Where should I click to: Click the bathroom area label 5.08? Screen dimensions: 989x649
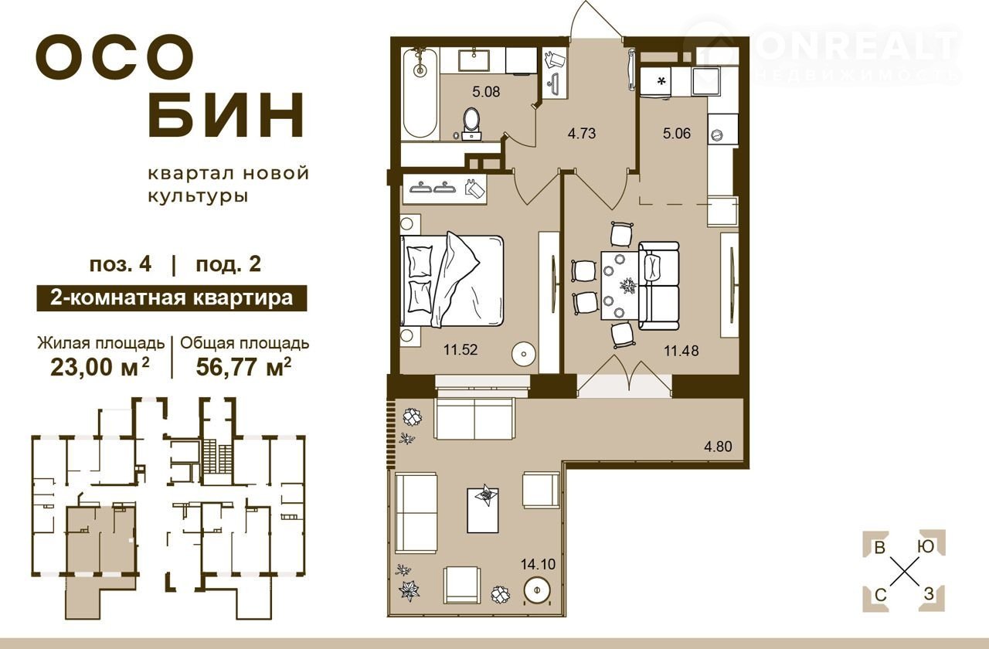[x=486, y=92]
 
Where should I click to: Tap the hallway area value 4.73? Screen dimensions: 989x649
[x=582, y=133]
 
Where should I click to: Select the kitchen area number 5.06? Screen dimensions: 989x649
[x=677, y=133]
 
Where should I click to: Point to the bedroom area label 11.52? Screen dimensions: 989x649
[x=461, y=350]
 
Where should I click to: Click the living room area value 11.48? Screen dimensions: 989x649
[x=681, y=351]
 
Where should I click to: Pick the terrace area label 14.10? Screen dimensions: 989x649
[x=538, y=564]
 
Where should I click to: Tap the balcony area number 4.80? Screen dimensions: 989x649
[x=718, y=447]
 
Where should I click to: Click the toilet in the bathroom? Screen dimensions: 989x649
[x=471, y=124]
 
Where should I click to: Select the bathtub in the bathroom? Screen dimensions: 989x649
[x=420, y=93]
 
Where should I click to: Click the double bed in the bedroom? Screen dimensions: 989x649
[x=452, y=280]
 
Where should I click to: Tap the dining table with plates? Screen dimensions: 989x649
[x=620, y=285]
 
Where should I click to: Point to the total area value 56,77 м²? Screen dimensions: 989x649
[x=243, y=366]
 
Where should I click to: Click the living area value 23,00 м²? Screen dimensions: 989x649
[x=100, y=366]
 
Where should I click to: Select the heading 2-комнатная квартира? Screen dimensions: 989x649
[x=172, y=298]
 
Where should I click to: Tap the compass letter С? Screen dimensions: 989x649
[x=880, y=596]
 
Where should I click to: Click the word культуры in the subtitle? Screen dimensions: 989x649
[x=198, y=196]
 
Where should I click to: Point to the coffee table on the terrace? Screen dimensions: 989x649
[x=483, y=509]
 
